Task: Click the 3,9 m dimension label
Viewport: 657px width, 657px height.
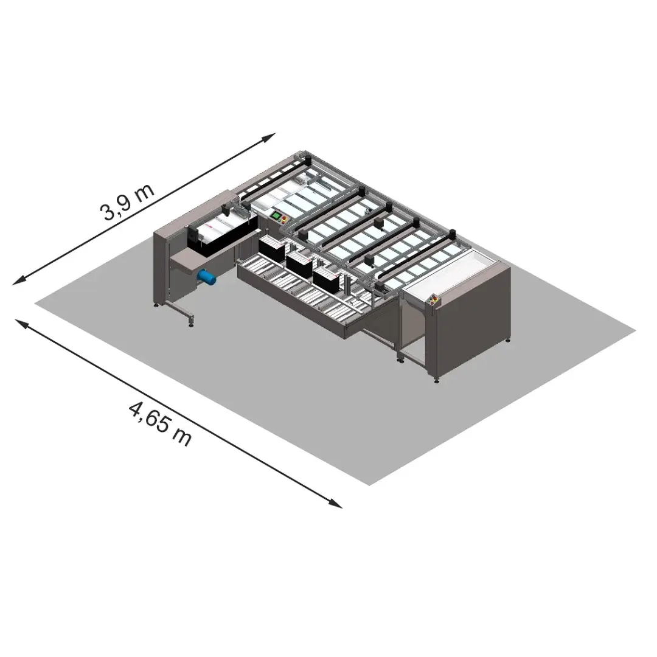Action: tap(127, 202)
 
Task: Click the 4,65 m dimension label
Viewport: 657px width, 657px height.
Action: tap(159, 423)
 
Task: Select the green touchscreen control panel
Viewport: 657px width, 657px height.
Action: tap(277, 216)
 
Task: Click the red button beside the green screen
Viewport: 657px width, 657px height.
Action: tap(285, 219)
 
